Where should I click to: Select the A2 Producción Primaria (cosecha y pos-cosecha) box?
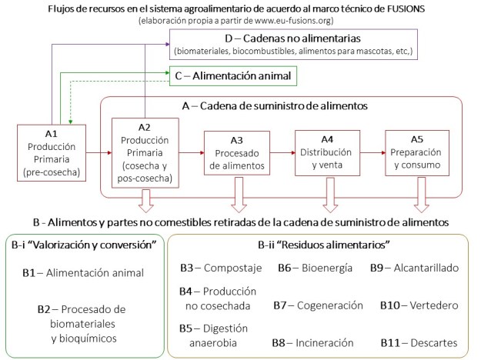(x=143, y=152)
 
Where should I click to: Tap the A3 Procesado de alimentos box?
(x=235, y=152)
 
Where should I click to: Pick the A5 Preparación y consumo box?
(x=416, y=152)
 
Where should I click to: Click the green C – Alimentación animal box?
(x=233, y=76)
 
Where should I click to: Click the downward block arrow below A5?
(x=421, y=199)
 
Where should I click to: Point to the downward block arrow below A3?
(x=237, y=199)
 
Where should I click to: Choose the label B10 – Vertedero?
(x=415, y=305)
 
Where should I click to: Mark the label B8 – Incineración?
(x=314, y=342)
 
